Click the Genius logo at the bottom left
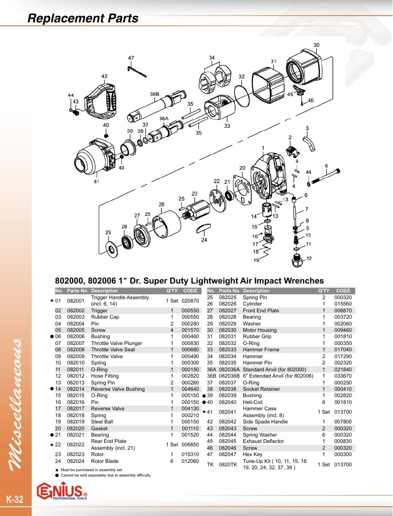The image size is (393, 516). coord(62,491)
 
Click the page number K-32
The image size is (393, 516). coord(15,499)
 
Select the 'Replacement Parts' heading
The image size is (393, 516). coord(83,18)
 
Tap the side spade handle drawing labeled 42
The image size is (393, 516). coord(100,102)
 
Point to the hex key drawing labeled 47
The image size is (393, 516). coord(137,71)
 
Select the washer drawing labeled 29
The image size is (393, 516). coord(112,248)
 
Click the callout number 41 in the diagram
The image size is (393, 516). coord(96,181)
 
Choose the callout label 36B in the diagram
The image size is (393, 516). coord(155,94)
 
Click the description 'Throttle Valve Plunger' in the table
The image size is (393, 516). coord(117,343)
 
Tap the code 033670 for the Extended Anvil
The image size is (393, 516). coord(343,376)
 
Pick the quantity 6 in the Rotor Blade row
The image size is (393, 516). coord(172,461)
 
